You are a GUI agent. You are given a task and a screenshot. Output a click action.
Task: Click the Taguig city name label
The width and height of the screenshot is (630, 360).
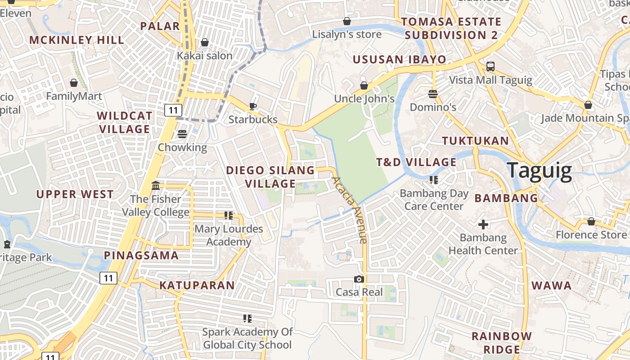tap(540, 171)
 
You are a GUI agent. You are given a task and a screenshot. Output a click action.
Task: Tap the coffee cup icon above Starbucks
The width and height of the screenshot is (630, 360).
tap(253, 106)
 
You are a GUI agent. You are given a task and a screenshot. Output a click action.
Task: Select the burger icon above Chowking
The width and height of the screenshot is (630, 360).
tap(182, 134)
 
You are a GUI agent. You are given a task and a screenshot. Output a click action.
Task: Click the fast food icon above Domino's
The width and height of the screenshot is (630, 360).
tap(433, 94)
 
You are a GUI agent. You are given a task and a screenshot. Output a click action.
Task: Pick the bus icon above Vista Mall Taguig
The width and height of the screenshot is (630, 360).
tap(490, 67)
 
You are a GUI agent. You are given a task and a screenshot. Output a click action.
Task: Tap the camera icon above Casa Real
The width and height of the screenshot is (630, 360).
tap(359, 279)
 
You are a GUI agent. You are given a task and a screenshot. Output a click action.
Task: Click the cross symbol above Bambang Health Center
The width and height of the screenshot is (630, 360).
tap(483, 224)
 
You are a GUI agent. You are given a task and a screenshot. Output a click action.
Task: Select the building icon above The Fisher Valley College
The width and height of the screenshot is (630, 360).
tap(156, 185)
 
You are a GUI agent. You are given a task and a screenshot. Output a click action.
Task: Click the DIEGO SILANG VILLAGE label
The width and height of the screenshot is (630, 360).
tap(270, 177)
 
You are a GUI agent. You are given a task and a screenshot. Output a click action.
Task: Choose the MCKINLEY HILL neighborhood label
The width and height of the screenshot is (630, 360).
tap(77, 40)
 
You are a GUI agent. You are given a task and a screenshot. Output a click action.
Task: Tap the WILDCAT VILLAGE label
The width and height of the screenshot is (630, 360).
tap(124, 122)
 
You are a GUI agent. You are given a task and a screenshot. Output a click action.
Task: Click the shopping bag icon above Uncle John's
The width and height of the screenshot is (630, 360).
tap(364, 85)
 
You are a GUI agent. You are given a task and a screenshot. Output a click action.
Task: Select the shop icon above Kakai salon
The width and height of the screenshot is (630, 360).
tap(205, 42)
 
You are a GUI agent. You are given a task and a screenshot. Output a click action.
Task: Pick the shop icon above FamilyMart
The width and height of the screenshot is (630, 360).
tap(74, 83)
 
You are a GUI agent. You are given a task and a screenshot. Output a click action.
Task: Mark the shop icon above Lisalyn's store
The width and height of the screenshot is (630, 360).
tap(347, 21)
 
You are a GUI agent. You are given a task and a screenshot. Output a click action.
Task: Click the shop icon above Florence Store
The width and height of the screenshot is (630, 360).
tap(591, 221)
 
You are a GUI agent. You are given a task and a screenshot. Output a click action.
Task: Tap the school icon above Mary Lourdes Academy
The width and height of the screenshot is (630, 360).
tap(229, 216)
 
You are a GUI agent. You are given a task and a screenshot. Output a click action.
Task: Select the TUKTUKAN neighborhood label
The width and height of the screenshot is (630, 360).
tap(475, 141)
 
